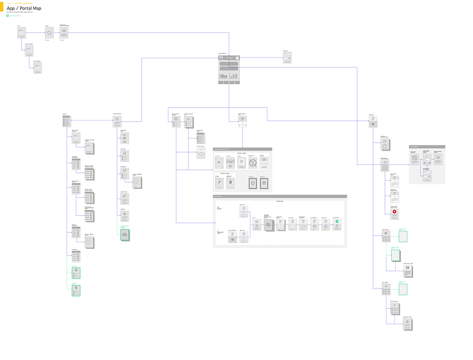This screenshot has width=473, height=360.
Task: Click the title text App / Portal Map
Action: pyautogui.click(x=24, y=8)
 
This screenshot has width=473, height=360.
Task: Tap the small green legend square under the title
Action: pyautogui.click(x=7, y=16)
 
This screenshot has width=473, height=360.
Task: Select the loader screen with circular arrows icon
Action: pyautogui.click(x=49, y=33)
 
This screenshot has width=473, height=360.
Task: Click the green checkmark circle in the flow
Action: pyautogui.click(x=337, y=222)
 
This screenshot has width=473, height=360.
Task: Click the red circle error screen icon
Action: pyautogui.click(x=395, y=212)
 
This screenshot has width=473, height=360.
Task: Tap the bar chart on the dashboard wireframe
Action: pyautogui.click(x=234, y=76)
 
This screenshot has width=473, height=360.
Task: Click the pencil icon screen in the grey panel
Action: pyautogui.click(x=219, y=182)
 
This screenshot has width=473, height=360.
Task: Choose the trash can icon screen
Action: pyautogui.click(x=230, y=182)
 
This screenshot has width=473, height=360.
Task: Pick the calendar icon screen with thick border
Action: pyautogui.click(x=264, y=183)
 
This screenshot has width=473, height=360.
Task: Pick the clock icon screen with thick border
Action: pyautogui.click(x=252, y=183)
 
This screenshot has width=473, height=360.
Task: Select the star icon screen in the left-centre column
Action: pyautogui.click(x=125, y=215)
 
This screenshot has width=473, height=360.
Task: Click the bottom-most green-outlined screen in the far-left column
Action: pyautogui.click(x=76, y=290)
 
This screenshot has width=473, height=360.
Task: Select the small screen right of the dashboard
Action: pyautogui.click(x=287, y=58)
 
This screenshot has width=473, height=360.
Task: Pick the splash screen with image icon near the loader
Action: pyautogui.click(x=64, y=33)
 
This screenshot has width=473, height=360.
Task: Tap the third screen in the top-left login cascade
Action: pyautogui.click(x=37, y=67)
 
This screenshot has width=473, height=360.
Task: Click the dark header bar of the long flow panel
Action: pyautogui.click(x=280, y=197)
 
